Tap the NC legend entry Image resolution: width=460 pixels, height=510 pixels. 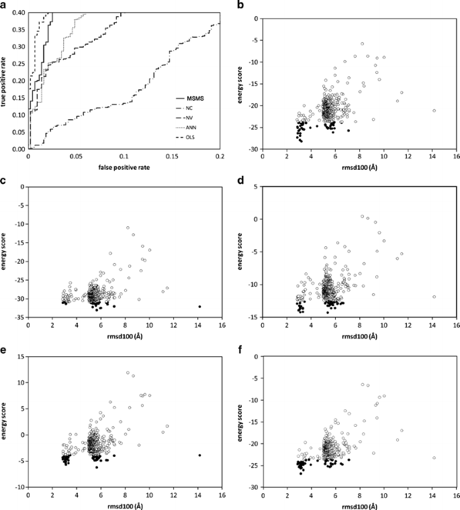click(x=192, y=109)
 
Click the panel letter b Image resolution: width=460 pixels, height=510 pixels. click(x=242, y=6)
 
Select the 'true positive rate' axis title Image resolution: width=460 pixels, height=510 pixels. click(x=6, y=81)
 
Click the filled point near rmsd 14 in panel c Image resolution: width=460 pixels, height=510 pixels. click(x=199, y=307)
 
